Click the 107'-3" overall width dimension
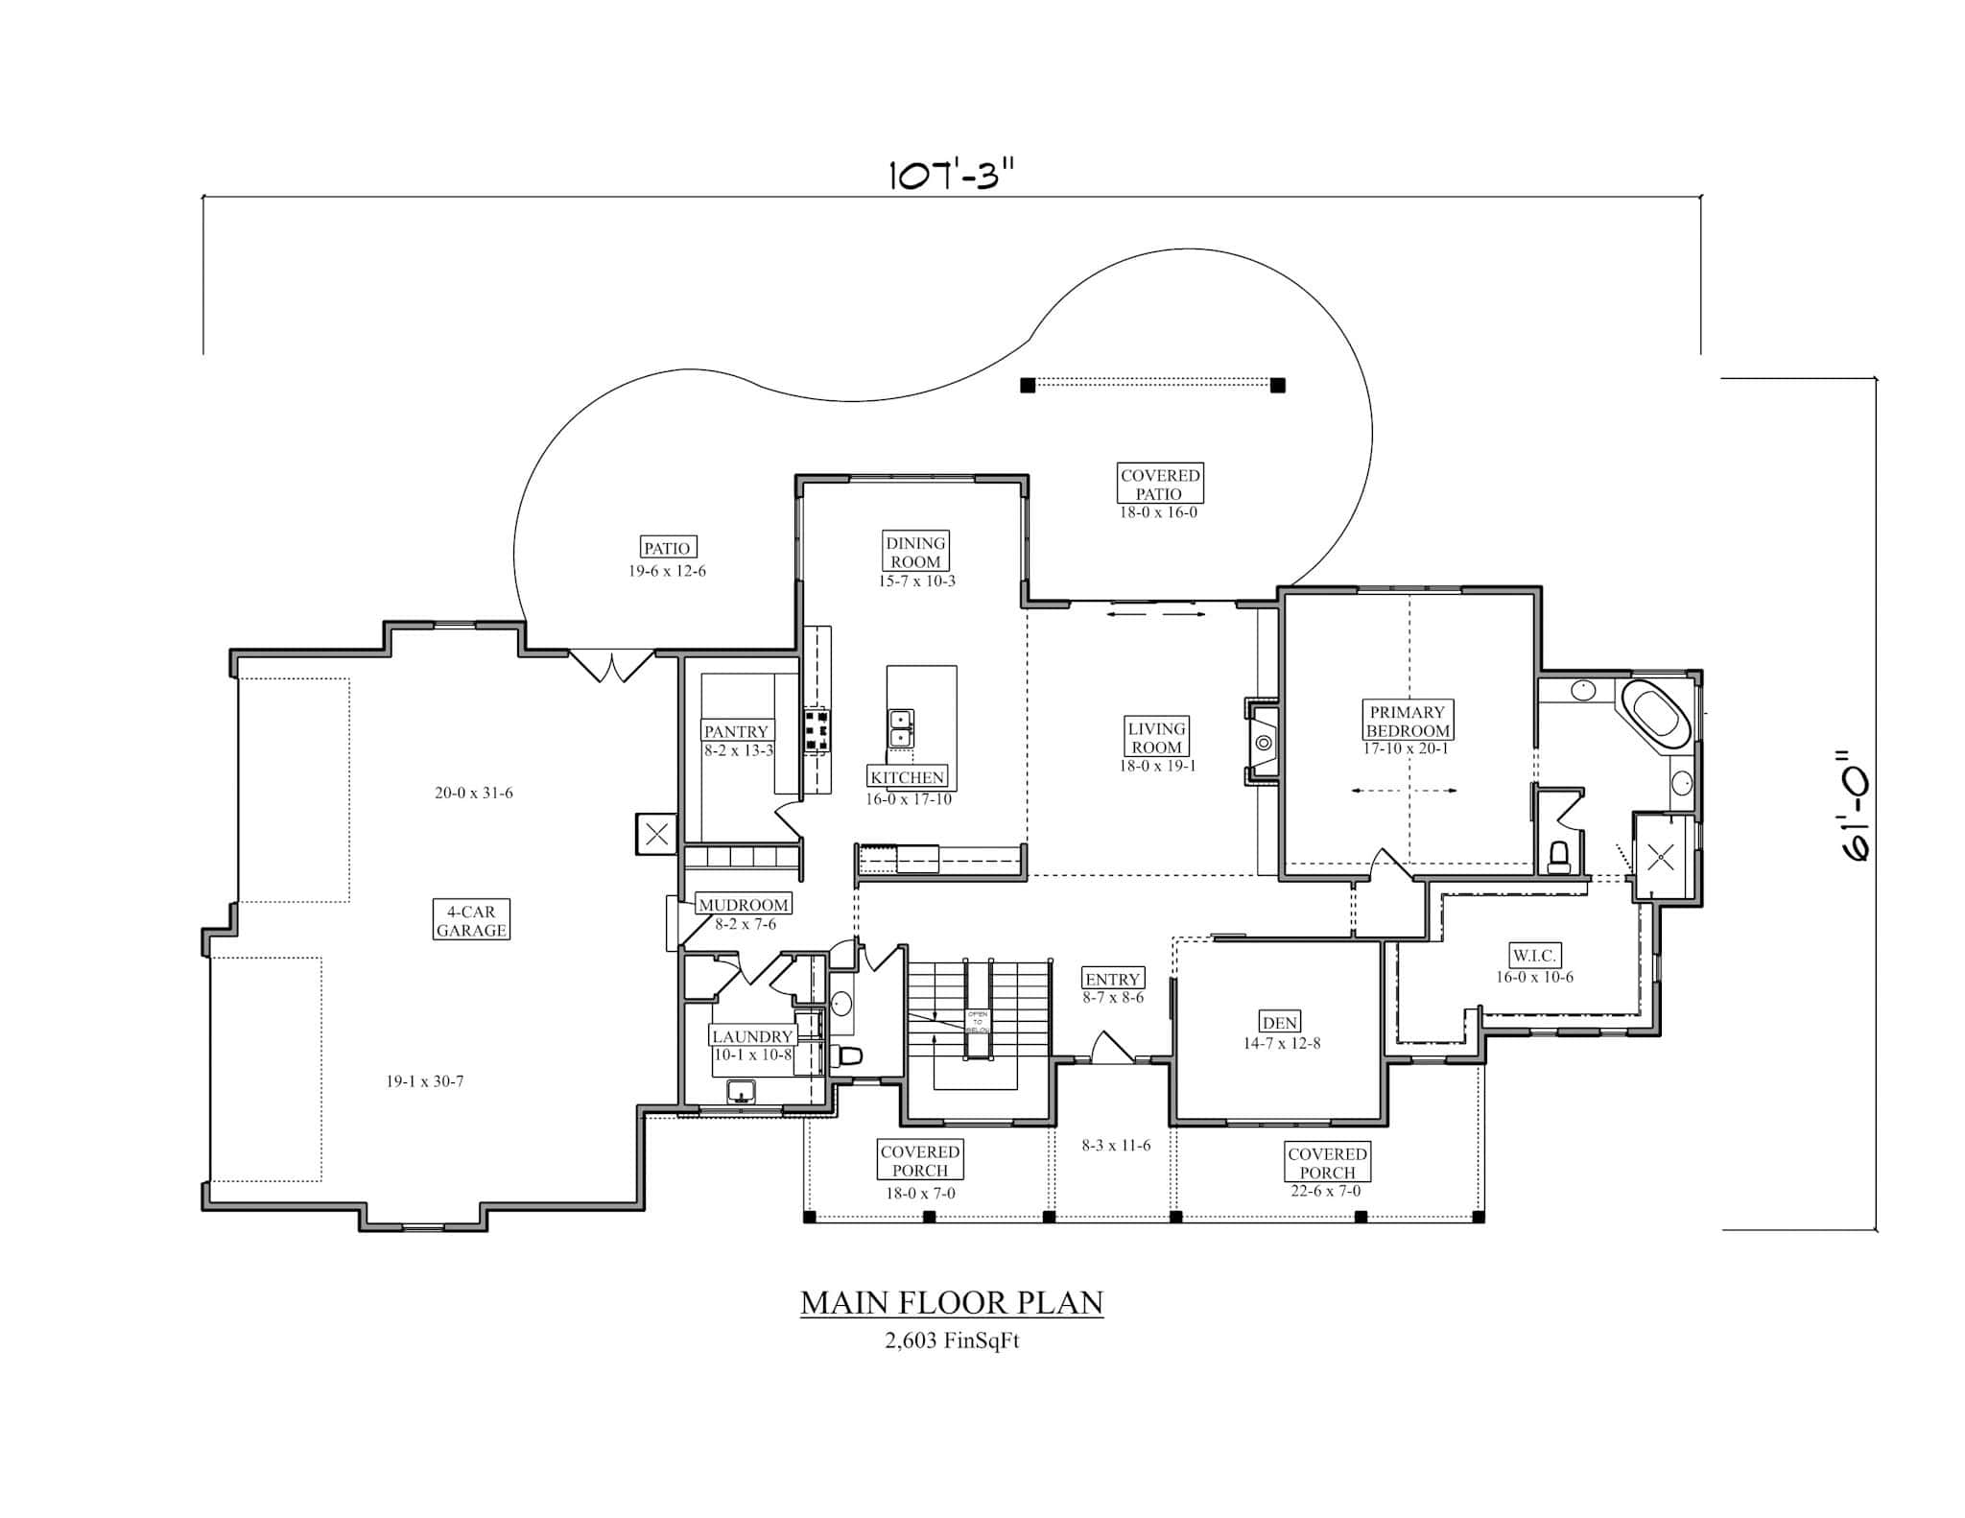tap(950, 177)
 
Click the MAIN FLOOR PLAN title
tap(952, 1302)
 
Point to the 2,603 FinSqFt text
tap(952, 1340)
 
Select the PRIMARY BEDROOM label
tap(1408, 721)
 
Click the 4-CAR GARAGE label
tap(470, 921)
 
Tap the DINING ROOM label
tap(916, 552)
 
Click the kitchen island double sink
tap(901, 728)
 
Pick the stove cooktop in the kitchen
tap(817, 730)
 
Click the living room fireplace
tap(1264, 743)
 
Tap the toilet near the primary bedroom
tap(1558, 855)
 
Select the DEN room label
tap(1280, 1023)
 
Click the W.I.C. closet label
tap(1534, 956)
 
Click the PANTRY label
tap(736, 731)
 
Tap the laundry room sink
tap(741, 1091)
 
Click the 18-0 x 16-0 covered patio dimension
tap(1158, 512)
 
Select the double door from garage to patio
tap(611, 665)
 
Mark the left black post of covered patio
tap(1028, 386)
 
